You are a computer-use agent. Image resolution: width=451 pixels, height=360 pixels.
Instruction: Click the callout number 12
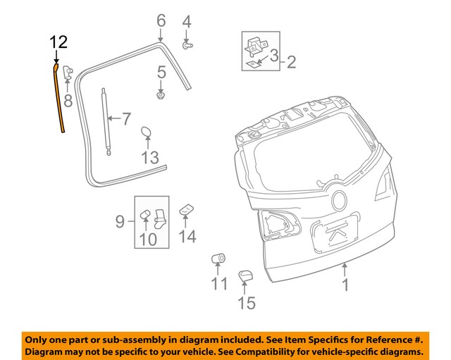pos(58,42)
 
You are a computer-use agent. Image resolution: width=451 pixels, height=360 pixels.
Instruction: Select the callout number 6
pos(161,19)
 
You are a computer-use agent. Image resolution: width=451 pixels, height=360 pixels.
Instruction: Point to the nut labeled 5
pos(161,94)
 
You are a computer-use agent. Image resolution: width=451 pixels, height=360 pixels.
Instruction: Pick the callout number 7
pos(126,118)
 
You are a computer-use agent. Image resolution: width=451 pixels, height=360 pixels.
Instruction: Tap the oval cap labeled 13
pos(147,133)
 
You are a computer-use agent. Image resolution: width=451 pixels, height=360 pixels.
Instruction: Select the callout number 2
pos(290,63)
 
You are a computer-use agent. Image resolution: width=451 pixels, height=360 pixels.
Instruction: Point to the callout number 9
pos(120,223)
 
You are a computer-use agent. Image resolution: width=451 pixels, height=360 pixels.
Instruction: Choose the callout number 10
pos(148,240)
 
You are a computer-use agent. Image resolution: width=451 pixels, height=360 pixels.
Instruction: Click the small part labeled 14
pos(186,209)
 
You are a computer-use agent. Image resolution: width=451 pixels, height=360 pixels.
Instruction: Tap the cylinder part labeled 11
pos(218,259)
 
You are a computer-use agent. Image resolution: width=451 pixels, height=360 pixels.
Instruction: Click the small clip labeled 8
pos(69,73)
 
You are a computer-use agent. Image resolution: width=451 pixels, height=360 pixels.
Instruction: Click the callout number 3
pos(274,54)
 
